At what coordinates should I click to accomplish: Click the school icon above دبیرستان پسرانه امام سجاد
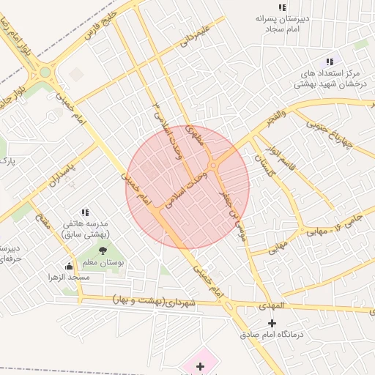click(x=283, y=7)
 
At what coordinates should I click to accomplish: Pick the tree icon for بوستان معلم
click(x=103, y=250)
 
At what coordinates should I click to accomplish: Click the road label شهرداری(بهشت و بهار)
click(x=155, y=301)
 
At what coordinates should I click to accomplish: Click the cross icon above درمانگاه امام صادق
click(x=272, y=322)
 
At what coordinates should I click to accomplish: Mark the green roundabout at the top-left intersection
click(x=45, y=73)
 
